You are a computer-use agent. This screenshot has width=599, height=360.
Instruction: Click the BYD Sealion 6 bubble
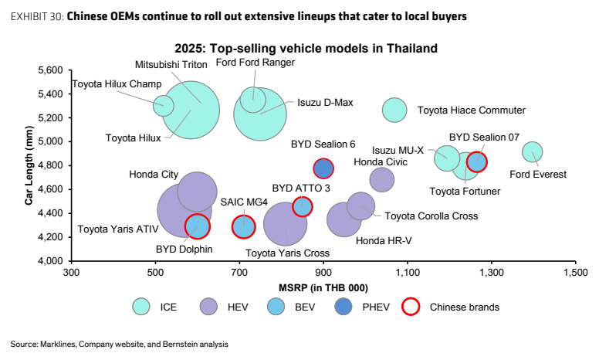click(323, 168)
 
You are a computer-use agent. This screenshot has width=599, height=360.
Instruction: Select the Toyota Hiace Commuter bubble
click(394, 110)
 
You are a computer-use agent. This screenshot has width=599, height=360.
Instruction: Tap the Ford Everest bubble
click(532, 151)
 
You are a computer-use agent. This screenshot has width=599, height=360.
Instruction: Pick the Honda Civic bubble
click(382, 180)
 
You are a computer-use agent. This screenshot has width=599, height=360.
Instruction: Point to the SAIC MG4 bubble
click(243, 226)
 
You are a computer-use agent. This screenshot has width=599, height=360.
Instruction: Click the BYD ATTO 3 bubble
click(303, 207)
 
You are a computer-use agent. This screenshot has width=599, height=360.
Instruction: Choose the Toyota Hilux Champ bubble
click(164, 106)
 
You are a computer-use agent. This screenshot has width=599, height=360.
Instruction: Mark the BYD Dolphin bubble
click(197, 226)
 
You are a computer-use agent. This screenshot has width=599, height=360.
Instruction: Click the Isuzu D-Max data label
click(325, 103)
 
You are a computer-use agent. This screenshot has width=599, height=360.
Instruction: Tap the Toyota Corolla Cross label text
click(431, 216)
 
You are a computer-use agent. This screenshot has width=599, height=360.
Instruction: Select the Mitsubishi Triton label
click(171, 65)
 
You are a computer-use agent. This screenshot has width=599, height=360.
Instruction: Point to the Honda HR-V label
click(384, 241)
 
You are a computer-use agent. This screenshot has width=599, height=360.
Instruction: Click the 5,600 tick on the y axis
click(49, 70)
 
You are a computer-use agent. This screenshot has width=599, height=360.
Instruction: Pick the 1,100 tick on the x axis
click(408, 273)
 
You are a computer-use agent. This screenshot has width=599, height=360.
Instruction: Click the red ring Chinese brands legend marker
click(411, 307)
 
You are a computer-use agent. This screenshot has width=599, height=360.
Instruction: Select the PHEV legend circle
click(343, 307)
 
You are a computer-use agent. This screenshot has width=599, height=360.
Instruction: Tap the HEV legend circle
click(208, 307)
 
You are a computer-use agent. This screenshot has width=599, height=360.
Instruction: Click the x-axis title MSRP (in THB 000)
click(323, 288)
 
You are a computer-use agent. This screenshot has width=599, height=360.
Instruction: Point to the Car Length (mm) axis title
click(29, 165)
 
